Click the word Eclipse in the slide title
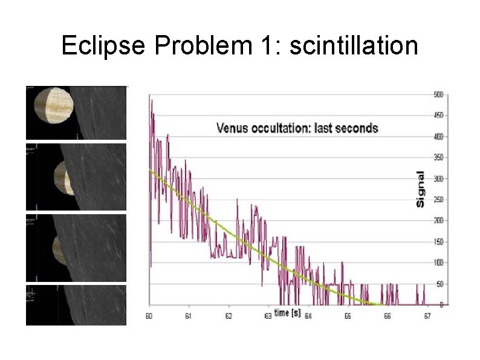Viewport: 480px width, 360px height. (103, 45)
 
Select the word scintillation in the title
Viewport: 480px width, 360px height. (354, 45)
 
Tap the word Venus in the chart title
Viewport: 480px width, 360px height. (232, 128)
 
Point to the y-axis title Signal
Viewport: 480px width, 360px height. (420, 188)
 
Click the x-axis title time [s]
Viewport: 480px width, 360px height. (287, 313)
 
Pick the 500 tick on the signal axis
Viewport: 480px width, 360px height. (438, 94)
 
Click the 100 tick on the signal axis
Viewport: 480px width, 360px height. (438, 263)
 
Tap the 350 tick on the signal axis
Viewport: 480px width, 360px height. (438, 157)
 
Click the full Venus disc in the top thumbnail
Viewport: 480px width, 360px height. (52, 111)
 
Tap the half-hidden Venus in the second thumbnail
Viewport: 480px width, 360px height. (62, 177)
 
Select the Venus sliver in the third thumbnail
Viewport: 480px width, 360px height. (57, 250)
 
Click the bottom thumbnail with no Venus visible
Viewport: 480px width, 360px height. (76, 305)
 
